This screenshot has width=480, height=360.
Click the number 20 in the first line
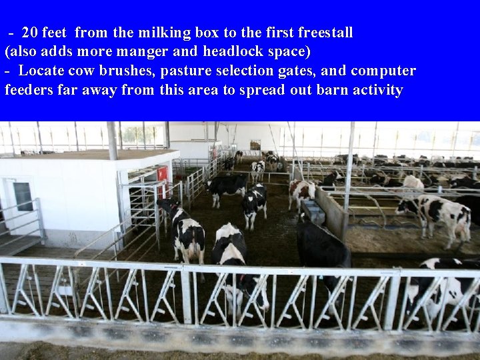tap(29, 32)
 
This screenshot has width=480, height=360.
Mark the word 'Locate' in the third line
tap(41, 71)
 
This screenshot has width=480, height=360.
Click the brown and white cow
tap(301, 193)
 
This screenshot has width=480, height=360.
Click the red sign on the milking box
tap(162, 173)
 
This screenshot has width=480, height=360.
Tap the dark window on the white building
tap(23, 196)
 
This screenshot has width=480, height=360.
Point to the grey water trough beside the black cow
tap(312, 212)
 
